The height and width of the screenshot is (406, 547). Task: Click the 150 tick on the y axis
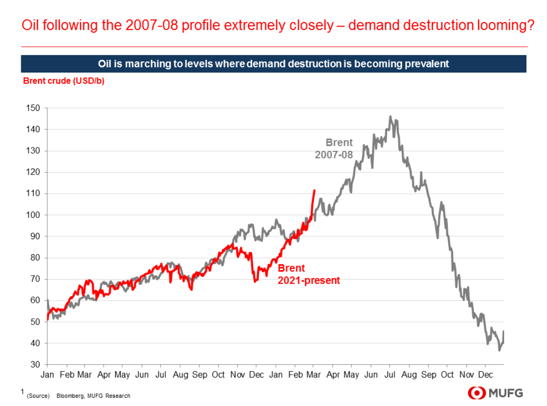tap(33, 108)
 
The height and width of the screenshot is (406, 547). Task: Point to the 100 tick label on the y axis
tap(33, 215)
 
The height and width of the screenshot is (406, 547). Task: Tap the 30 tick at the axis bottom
tap(35, 365)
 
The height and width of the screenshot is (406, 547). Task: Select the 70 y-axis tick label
tap(35, 279)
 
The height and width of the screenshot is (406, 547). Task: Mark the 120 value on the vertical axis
tap(33, 172)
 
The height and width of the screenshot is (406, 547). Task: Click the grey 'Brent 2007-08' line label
tap(334, 149)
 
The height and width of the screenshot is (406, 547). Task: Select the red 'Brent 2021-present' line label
tap(309, 274)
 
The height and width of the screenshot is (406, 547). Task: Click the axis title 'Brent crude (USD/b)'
tap(64, 81)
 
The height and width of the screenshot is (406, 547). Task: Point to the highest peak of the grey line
tap(390, 116)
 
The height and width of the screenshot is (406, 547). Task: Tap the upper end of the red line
tap(314, 190)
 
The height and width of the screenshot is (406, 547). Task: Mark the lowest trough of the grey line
tap(499, 351)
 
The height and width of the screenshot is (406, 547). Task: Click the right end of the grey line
tap(504, 331)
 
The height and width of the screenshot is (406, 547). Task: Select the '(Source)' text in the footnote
tap(38, 396)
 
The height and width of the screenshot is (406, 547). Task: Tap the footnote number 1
tap(23, 393)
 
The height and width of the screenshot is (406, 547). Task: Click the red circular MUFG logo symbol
tap(477, 393)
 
